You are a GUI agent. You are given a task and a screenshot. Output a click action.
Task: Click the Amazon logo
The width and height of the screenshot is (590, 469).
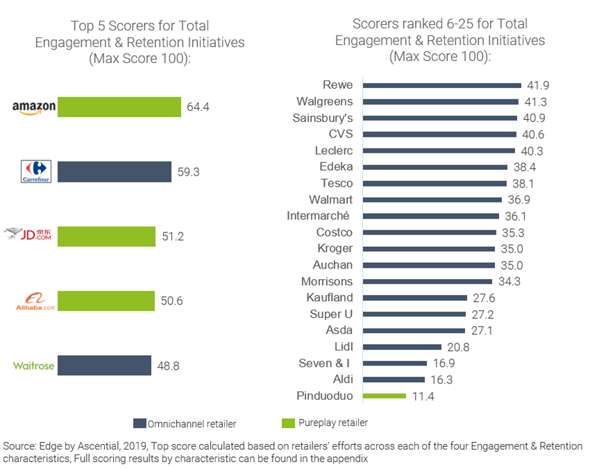[x=34, y=107]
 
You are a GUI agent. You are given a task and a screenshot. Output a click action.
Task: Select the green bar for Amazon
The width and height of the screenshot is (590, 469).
[x=119, y=107]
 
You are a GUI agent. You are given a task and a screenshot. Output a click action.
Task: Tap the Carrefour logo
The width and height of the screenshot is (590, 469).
[x=37, y=171]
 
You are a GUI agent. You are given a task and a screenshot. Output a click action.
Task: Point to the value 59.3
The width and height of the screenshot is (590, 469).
[x=188, y=172]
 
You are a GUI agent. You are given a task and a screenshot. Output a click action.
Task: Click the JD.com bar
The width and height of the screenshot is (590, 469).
[x=106, y=237]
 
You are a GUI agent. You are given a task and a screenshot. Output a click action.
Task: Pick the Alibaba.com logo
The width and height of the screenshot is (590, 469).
[x=35, y=302]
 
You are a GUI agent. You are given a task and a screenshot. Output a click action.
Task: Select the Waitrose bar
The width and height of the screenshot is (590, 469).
[x=104, y=366]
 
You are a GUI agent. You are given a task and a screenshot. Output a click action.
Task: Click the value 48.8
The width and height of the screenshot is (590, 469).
[x=168, y=366]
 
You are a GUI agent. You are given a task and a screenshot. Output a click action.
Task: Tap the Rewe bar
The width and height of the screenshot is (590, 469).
[x=442, y=85]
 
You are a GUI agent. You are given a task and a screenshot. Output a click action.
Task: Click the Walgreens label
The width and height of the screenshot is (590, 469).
[x=324, y=102]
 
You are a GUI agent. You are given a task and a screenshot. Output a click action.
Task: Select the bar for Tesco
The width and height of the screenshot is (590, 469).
[x=435, y=183]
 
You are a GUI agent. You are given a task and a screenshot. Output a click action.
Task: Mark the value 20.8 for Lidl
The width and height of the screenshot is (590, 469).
[x=459, y=347]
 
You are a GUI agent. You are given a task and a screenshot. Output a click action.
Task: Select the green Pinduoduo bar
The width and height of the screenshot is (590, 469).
[x=385, y=396]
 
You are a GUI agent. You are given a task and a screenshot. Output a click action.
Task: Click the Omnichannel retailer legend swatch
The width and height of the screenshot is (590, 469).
[x=139, y=423]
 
